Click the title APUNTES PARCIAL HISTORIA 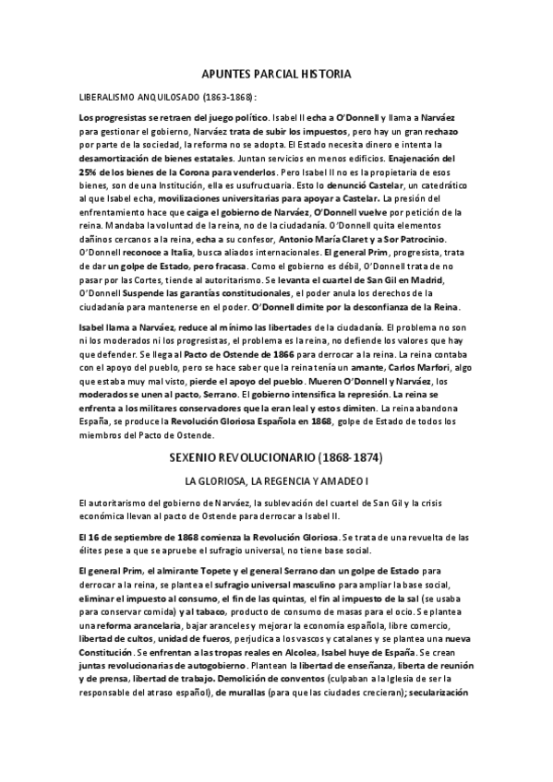click(276, 73)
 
